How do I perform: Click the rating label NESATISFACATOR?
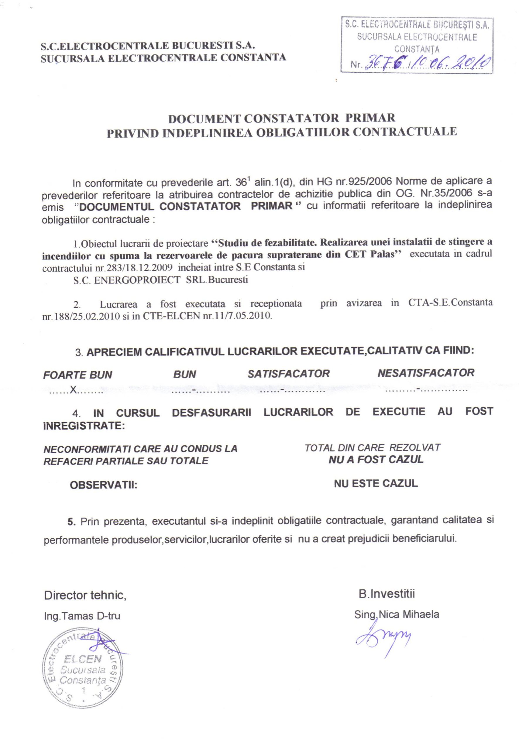[426, 373]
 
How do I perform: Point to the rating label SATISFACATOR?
[288, 373]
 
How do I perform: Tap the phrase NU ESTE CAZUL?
[376, 483]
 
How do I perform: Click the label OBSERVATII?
[103, 486]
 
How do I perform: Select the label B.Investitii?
[387, 594]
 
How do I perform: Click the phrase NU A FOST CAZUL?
[376, 460]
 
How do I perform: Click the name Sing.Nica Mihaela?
[396, 614]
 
